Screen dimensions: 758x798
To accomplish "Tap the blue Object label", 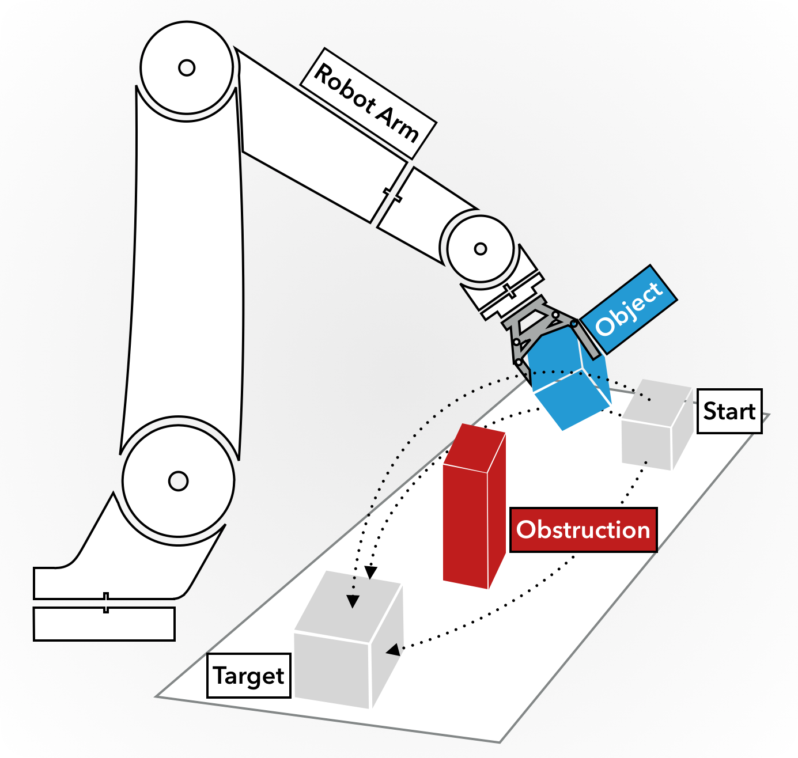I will pyautogui.click(x=628, y=309).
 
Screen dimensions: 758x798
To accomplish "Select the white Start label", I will pyautogui.click(x=729, y=411).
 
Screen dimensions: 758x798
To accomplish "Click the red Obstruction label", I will pyautogui.click(x=583, y=530).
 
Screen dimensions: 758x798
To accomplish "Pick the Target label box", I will pyautogui.click(x=248, y=676).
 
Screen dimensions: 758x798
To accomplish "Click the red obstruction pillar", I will pyautogui.click(x=467, y=518).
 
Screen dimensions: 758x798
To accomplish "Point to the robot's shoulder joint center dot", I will pyautogui.click(x=187, y=68).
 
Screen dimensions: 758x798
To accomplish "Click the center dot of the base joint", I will pyautogui.click(x=178, y=480).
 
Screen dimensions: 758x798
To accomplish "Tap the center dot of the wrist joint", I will pyautogui.click(x=481, y=249).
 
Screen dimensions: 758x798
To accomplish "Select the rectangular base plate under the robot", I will pyautogui.click(x=104, y=624).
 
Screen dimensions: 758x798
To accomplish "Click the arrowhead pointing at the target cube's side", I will pyautogui.click(x=394, y=650).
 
